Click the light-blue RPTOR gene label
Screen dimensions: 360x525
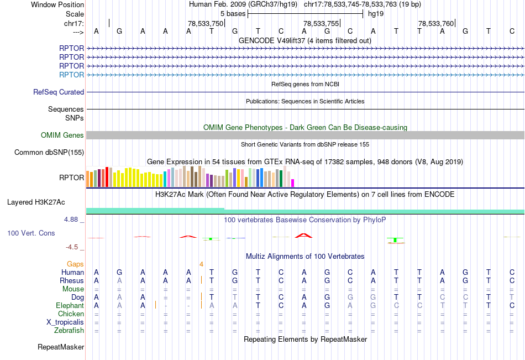[72, 75]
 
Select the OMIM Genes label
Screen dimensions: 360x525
[62, 135]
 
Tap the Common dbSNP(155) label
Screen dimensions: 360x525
[49, 153]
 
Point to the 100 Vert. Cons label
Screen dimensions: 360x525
[31, 233]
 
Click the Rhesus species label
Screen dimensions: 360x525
[72, 280]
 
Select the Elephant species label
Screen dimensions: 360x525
[70, 305]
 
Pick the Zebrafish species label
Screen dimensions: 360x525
[70, 331]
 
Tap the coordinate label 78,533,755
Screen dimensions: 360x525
[321, 24]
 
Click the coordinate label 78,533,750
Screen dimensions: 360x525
[206, 24]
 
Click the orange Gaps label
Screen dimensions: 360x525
[76, 264]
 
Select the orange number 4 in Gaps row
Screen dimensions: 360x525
[202, 264]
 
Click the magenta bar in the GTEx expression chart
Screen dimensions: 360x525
[293, 182]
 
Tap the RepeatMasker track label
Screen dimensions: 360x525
[61, 347]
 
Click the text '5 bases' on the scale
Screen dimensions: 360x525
[233, 13]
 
